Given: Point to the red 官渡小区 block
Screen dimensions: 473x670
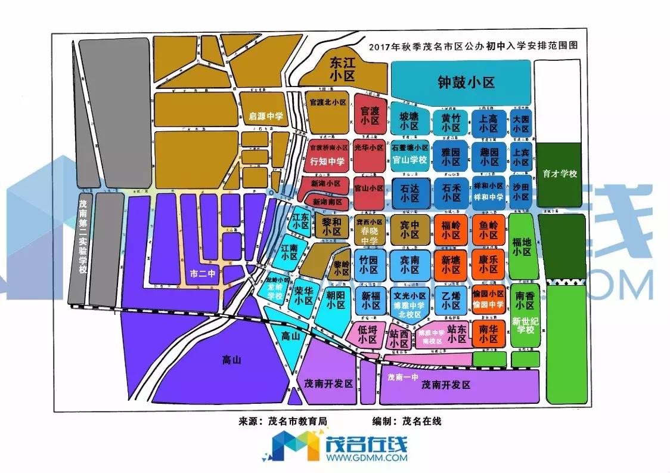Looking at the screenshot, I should pos(370,115).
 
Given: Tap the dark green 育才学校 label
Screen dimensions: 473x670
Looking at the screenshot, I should pos(560,174).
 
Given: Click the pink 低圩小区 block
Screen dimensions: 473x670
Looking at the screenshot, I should pos(368,335).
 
